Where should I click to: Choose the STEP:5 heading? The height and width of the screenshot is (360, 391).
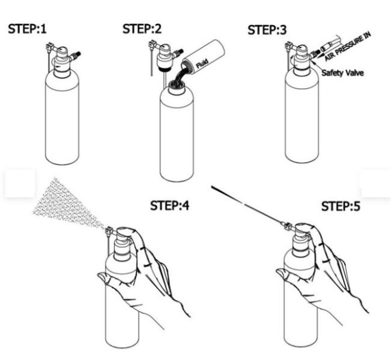341,206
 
